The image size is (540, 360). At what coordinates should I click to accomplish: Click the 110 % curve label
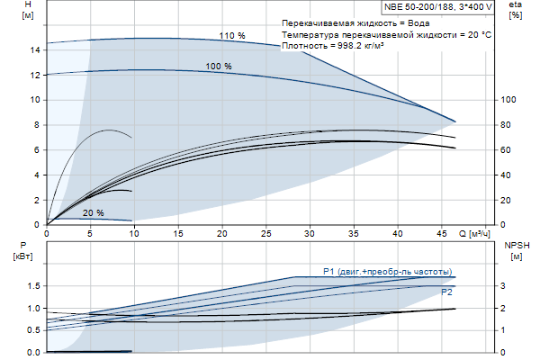231,35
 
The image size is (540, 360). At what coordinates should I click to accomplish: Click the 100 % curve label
219,67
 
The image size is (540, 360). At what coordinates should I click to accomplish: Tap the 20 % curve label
93,213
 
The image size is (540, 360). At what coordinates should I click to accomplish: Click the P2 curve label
446,292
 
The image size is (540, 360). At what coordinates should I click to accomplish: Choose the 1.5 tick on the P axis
31,286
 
